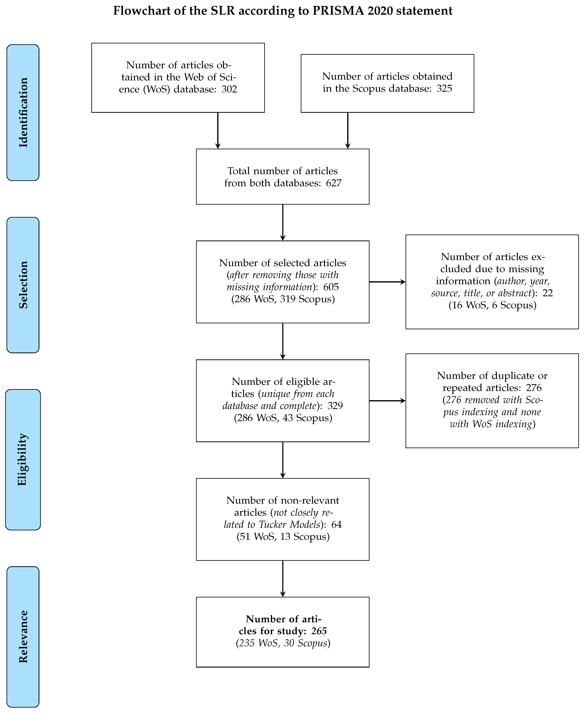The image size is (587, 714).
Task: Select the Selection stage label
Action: (23, 285)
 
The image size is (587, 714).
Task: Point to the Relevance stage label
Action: (23, 637)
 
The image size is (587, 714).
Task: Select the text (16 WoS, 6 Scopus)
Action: (492, 305)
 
